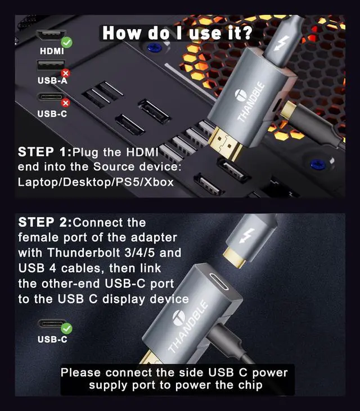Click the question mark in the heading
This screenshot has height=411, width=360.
[246, 33]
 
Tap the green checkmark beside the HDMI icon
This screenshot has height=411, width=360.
[66, 42]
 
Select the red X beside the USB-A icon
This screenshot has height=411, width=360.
[65, 73]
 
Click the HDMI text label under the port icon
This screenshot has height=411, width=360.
[52, 51]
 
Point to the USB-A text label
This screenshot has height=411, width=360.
[52, 80]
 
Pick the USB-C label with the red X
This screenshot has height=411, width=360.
[52, 114]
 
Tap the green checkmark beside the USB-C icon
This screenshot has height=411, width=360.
[66, 328]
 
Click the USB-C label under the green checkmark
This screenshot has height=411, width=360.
[52, 340]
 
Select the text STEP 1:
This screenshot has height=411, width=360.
[44, 152]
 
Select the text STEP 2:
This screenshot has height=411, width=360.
[45, 222]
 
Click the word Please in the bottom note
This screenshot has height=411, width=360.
[80, 373]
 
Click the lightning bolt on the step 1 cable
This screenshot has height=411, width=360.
[281, 43]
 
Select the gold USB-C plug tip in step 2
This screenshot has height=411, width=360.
[235, 257]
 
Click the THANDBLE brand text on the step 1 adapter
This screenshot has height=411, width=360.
[250, 102]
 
